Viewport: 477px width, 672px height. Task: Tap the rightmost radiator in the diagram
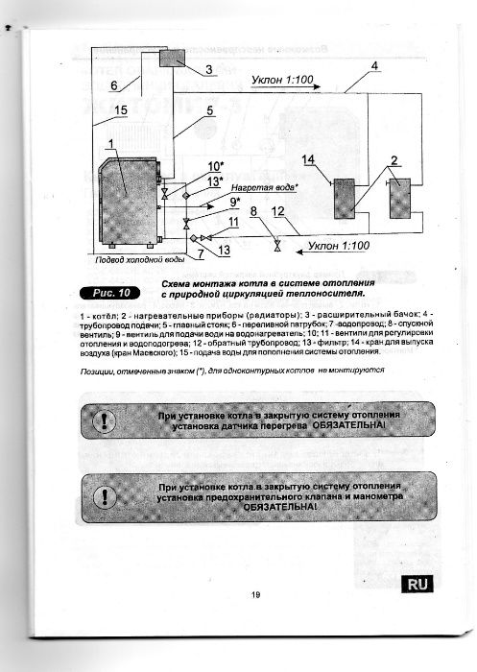click(398, 199)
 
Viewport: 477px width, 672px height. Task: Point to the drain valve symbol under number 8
click(277, 246)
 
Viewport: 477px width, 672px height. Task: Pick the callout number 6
click(113, 85)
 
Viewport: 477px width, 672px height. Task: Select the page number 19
click(256, 596)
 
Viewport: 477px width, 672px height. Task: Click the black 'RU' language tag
click(418, 583)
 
